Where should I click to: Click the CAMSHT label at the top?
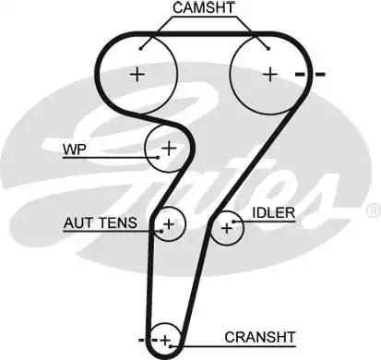(202, 8)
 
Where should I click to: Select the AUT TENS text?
(100, 222)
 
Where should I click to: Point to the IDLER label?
(273, 213)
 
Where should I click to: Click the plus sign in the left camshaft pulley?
(137, 74)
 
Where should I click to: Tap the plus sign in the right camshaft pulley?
(269, 73)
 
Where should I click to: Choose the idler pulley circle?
(226, 228)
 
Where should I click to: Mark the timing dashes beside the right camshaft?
(311, 73)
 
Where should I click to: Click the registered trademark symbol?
(372, 211)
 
